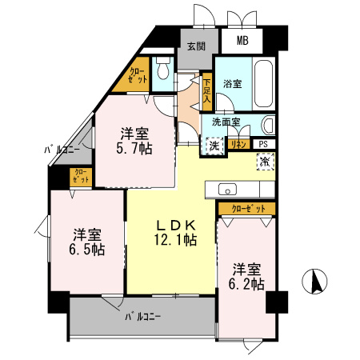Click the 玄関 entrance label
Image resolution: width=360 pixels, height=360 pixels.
[x=196, y=46]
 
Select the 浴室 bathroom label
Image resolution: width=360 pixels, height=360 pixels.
[x=233, y=82]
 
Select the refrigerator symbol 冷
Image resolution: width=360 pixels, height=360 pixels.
[x=265, y=161]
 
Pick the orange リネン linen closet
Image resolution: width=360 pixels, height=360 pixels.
[x=238, y=144]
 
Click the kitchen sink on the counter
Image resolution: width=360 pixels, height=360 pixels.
[x=226, y=190]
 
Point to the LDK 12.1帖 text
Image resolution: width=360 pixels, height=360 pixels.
[x=176, y=231]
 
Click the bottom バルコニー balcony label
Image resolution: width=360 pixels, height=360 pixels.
[x=142, y=317]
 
